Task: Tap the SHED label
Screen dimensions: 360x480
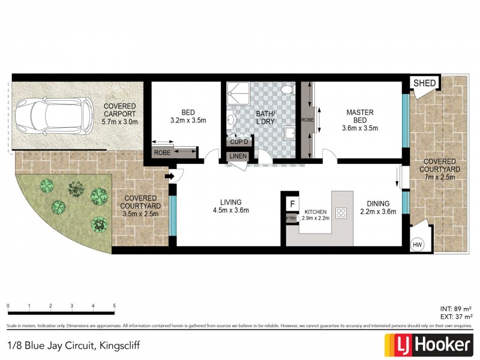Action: (425, 83)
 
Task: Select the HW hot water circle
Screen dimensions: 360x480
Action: (418, 245)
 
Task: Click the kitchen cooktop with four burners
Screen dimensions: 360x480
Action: (342, 212)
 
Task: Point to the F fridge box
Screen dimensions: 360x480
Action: (292, 204)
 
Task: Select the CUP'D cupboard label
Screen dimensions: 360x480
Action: (236, 143)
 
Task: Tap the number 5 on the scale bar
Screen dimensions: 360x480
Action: (114, 306)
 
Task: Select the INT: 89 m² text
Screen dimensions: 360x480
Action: (456, 308)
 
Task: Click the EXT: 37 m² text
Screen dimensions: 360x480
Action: (455, 316)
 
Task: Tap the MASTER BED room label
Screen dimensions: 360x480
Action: (360, 116)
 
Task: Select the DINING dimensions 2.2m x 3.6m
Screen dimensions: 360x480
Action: (379, 211)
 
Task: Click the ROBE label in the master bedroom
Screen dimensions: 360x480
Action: (306, 119)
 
